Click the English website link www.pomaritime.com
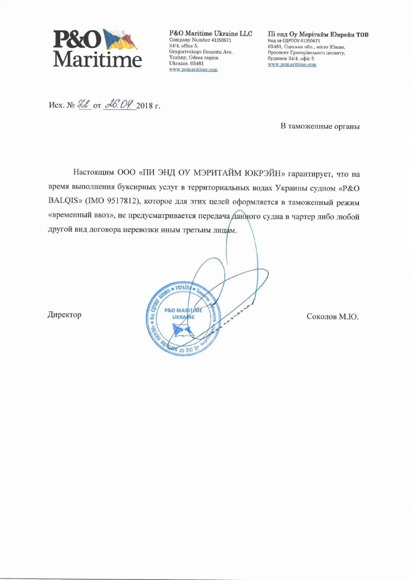tap(193, 69)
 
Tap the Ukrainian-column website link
tap(292, 65)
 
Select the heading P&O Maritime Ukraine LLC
tap(210, 34)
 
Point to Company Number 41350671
tap(200, 40)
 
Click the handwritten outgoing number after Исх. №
tap(84, 104)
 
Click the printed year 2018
tap(144, 105)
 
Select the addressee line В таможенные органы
tap(319, 126)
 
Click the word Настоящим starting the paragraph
tap(93, 173)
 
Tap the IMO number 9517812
tap(122, 201)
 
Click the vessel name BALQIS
tap(63, 201)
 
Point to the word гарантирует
tap(310, 174)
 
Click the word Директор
tap(65, 315)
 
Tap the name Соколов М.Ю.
tap(332, 317)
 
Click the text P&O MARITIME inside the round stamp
tap(183, 310)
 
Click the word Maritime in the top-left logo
tap(98, 59)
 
